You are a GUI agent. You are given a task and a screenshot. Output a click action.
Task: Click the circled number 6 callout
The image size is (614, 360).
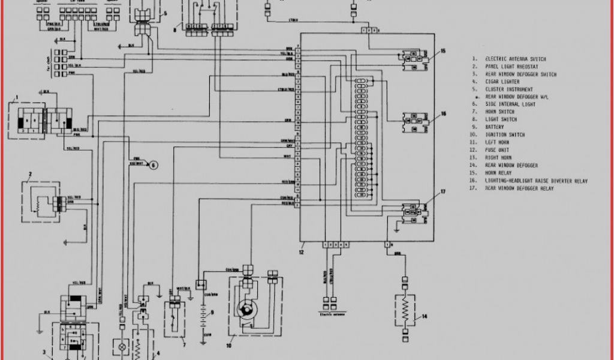tap(152, 165)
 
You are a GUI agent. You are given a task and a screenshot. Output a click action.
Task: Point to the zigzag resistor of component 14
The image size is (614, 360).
tap(407, 310)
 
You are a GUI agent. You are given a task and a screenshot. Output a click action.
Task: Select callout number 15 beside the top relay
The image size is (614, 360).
tap(443, 52)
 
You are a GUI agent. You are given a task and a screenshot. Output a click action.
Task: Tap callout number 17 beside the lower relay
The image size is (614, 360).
tap(443, 192)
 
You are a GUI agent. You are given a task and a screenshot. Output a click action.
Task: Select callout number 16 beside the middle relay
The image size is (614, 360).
tap(443, 113)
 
